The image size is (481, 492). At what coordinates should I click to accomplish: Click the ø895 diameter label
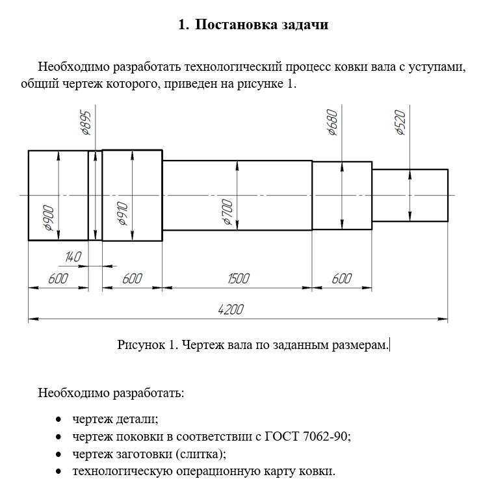pos(86,122)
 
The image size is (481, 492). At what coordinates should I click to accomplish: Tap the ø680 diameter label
pos(332,122)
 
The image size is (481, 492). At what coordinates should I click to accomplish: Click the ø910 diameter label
pos(122,214)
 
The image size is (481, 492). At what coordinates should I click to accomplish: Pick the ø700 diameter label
pos(227,212)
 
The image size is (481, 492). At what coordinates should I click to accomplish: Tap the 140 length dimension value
pos(73,258)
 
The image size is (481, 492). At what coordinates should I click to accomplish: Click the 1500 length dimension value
pos(238,279)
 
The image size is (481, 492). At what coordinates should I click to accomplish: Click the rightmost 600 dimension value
pos(341,279)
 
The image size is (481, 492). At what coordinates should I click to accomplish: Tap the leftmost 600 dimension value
pos(58,279)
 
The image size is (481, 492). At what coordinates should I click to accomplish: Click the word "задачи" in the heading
pos(305,25)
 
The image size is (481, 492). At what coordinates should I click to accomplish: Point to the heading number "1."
pos(183,25)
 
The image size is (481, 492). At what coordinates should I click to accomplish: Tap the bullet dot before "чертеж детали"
pos(59,419)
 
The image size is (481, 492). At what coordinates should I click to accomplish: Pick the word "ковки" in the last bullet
pos(320,471)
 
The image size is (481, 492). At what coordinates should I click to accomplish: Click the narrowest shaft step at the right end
pos(409,195)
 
